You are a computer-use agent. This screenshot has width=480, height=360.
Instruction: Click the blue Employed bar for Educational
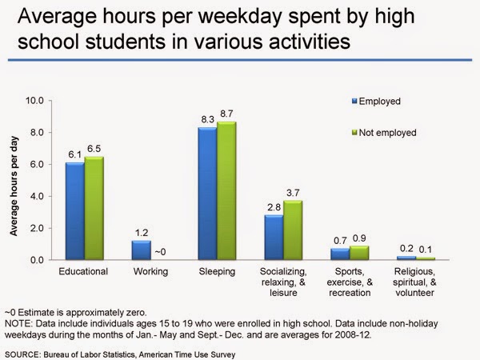coord(74,211)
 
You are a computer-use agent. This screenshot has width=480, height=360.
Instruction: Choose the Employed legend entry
coord(380,102)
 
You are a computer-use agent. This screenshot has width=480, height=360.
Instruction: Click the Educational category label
coord(84,272)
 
